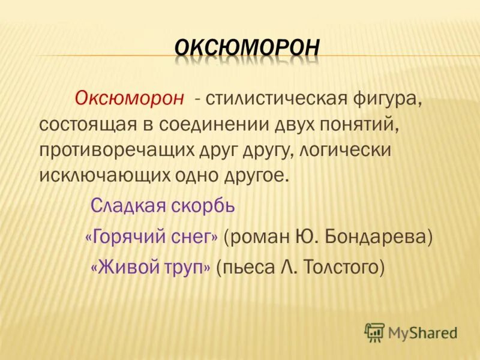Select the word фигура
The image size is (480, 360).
(385, 98)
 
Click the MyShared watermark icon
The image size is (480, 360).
(375, 332)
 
